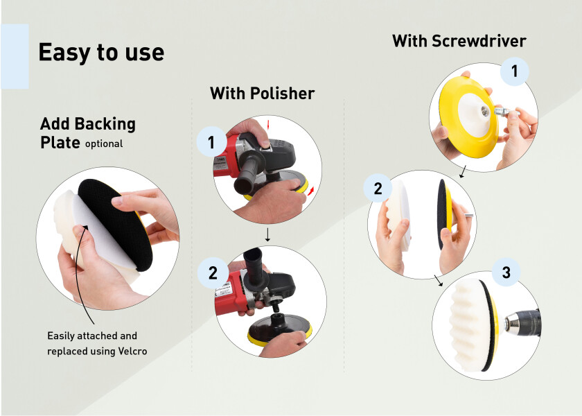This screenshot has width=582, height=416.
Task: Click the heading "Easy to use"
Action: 101,52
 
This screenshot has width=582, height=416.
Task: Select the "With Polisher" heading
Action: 263,93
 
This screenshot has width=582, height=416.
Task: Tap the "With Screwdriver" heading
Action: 459,41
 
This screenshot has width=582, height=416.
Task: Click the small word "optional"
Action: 104,144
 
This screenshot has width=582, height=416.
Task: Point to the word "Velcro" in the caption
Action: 132,351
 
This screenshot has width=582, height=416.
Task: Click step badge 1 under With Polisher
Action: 211,142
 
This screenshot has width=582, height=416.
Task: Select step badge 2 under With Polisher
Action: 213,273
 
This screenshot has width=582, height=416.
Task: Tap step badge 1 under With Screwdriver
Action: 514,71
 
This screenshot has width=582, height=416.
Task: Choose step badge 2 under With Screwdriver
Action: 378,189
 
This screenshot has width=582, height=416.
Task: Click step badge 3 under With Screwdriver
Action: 506,272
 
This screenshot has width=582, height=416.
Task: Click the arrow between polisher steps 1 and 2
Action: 267,235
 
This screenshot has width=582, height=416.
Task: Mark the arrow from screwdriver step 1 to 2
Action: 463,172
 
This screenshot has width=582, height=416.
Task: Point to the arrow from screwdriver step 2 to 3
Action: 439,281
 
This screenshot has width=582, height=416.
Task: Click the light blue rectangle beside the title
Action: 15,56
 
